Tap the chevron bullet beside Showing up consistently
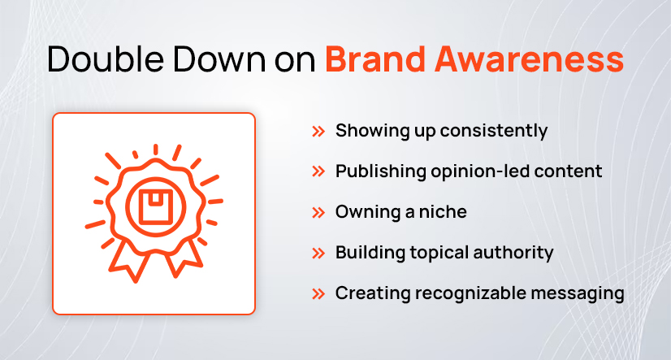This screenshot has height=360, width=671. click(x=319, y=131)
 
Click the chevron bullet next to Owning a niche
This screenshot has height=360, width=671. click(x=319, y=212)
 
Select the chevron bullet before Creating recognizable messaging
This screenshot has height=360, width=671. click(x=319, y=293)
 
